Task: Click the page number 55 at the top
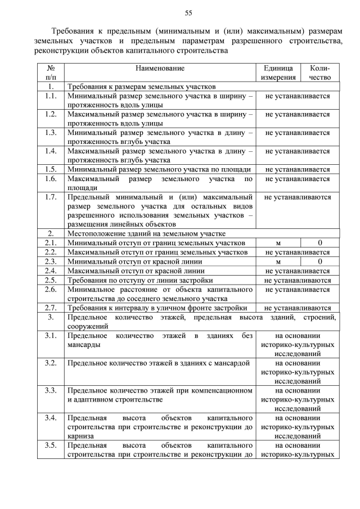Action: click(188, 13)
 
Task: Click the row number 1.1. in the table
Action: click(51, 96)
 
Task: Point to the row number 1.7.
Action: click(51, 197)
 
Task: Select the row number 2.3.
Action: click(51, 262)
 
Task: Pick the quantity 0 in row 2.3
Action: click(320, 262)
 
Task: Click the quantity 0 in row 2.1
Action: click(320, 242)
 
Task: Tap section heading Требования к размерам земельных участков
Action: click(142, 87)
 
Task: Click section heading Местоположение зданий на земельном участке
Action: click(146, 233)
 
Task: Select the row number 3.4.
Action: click(51, 418)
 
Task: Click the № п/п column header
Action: click(51, 73)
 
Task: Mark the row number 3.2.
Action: click(51, 363)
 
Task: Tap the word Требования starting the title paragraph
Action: click(75, 31)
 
